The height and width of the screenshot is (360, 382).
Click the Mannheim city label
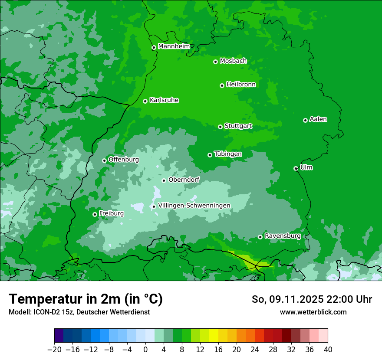click(174, 46)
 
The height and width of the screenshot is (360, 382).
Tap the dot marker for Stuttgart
click(221, 127)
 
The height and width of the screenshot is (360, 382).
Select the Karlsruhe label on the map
click(164, 100)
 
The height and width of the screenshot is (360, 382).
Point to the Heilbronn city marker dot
click(222, 85)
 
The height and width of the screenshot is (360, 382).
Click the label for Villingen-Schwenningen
click(194, 206)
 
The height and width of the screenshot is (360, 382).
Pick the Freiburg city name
click(111, 213)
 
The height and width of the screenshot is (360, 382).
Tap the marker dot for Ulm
click(296, 168)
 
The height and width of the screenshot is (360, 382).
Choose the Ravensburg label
click(283, 236)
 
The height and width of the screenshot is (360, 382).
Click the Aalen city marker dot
click(306, 120)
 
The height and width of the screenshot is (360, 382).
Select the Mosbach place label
click(233, 61)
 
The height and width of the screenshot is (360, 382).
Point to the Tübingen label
click(228, 154)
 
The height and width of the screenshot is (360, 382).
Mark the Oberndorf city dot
click(164, 180)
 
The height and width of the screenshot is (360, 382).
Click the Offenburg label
click(124, 160)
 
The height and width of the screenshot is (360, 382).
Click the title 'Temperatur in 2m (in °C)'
click(86, 299)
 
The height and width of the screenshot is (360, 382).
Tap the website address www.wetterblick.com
click(313, 312)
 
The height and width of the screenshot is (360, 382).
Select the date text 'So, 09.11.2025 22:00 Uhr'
click(312, 299)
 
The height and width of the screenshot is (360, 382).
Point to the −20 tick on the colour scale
click(54, 350)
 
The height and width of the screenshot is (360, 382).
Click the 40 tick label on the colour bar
click(328, 350)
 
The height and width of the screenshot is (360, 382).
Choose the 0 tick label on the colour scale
click(145, 350)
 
